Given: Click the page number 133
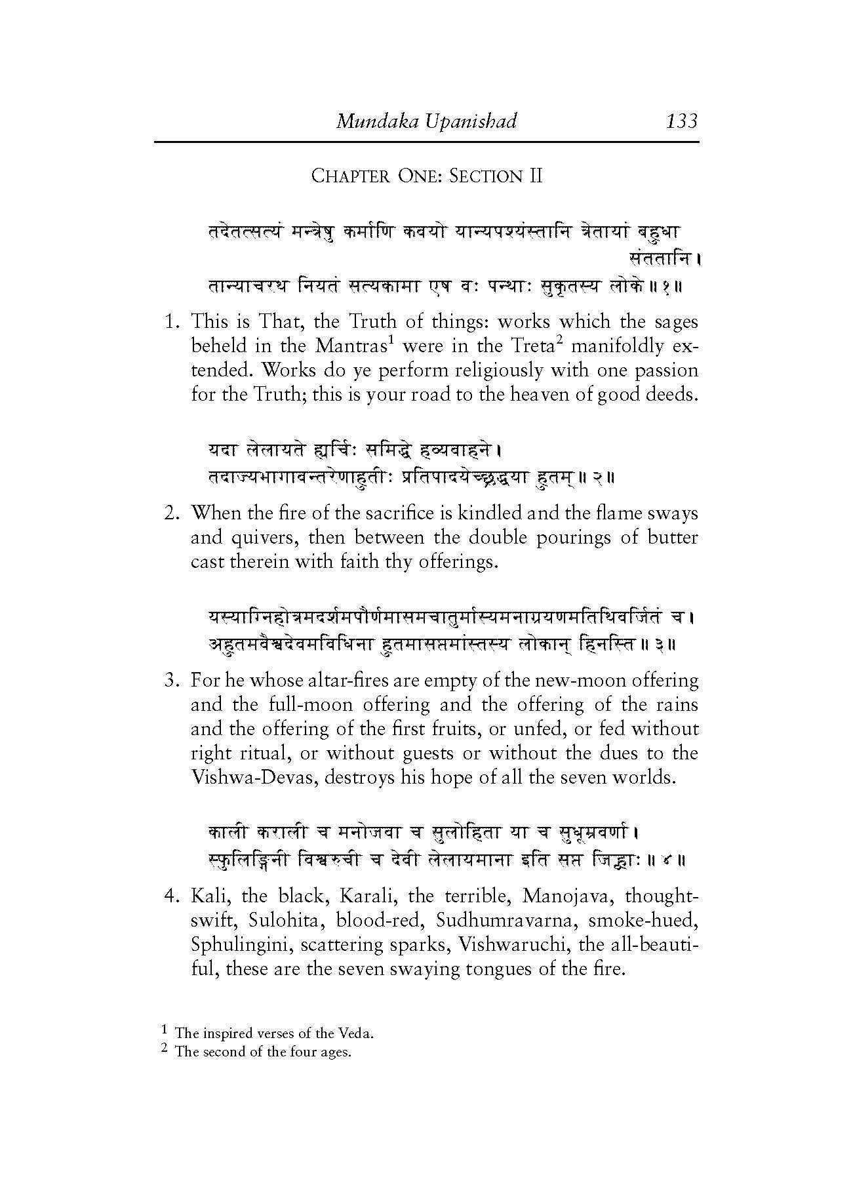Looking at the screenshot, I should [x=681, y=121].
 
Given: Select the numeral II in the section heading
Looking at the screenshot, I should [x=535, y=176].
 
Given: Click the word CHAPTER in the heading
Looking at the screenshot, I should [x=349, y=176].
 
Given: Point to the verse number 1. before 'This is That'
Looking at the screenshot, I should [x=172, y=322].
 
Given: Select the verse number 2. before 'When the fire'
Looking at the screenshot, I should [x=172, y=513].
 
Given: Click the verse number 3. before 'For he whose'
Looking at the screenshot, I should [x=172, y=681].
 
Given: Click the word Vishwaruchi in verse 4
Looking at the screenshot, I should [x=513, y=945].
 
